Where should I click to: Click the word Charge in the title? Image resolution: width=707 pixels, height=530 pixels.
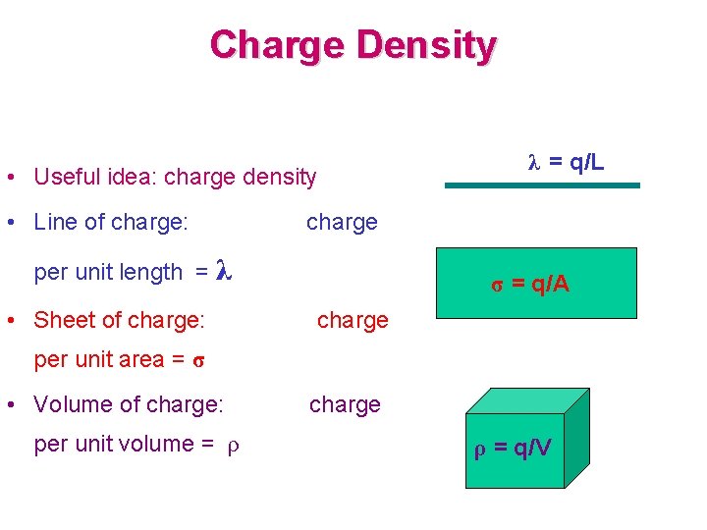(x=279, y=45)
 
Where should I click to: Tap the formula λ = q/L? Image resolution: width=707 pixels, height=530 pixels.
(x=567, y=161)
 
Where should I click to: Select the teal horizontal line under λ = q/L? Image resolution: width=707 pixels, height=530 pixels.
(x=542, y=185)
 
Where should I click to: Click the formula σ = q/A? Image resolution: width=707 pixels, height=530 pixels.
(x=530, y=285)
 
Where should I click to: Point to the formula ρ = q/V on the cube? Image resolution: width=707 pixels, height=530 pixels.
(x=514, y=450)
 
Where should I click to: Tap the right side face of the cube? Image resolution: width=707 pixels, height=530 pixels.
(x=577, y=432)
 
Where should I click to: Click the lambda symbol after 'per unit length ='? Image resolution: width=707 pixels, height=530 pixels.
(x=223, y=271)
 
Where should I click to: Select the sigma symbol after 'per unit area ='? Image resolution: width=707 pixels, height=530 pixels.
(x=198, y=359)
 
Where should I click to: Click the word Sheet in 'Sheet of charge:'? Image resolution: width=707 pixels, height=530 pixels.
(x=61, y=320)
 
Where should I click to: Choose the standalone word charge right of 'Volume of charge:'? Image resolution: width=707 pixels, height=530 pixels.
(x=345, y=404)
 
